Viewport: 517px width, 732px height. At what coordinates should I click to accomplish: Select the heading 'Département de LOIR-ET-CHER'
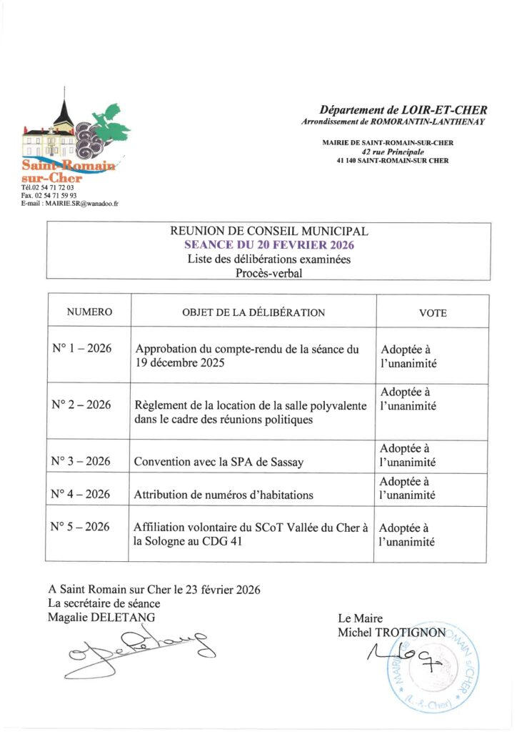pyautogui.click(x=403, y=110)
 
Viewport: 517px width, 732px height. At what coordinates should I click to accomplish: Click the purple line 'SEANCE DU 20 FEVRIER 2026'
pyautogui.click(x=269, y=244)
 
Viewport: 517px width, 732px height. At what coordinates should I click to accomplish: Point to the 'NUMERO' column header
pyautogui.click(x=89, y=312)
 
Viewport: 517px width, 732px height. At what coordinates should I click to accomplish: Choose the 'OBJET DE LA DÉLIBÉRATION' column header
pyautogui.click(x=254, y=312)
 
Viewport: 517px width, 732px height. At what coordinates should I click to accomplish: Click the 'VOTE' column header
pyautogui.click(x=433, y=313)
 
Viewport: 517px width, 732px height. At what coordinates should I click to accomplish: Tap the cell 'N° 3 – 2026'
pyautogui.click(x=81, y=461)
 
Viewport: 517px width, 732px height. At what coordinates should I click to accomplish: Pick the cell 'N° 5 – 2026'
pyautogui.click(x=81, y=528)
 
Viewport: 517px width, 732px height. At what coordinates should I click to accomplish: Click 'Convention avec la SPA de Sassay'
pyautogui.click(x=219, y=462)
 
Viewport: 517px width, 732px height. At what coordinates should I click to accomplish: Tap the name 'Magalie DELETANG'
pyautogui.click(x=101, y=617)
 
